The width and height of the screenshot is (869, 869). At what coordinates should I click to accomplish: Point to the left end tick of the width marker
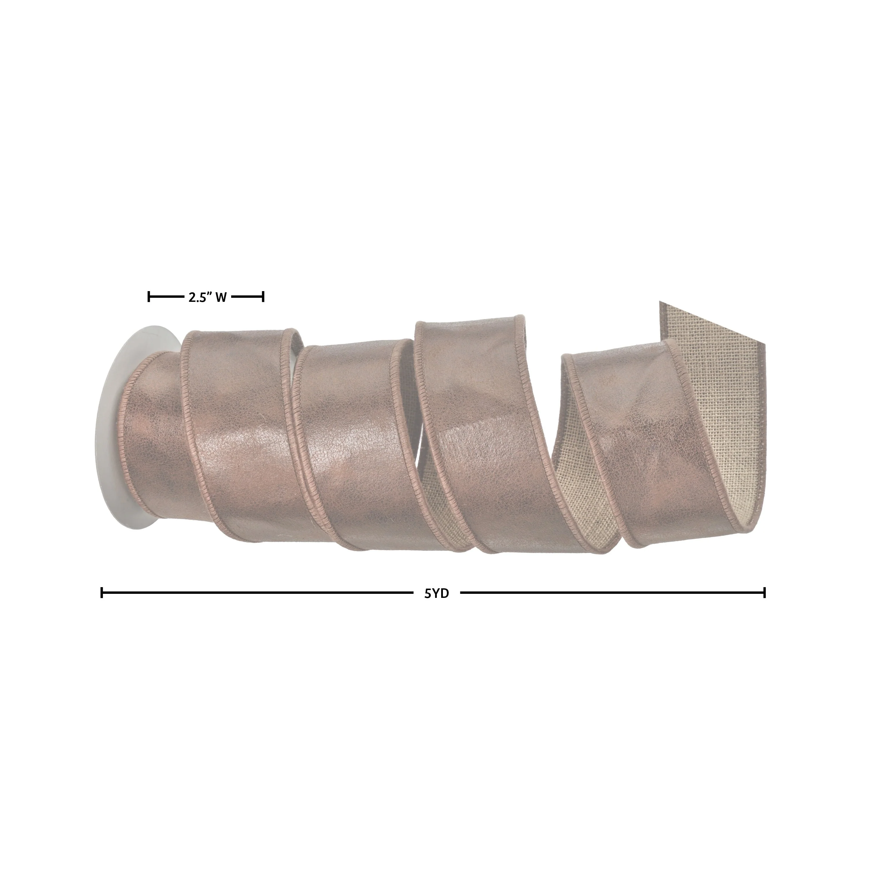[149, 297]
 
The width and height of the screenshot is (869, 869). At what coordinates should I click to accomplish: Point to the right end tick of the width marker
[263, 297]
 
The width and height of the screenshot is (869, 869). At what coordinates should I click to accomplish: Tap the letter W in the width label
[221, 297]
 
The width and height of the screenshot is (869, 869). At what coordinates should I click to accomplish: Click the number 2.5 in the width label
[197, 297]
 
